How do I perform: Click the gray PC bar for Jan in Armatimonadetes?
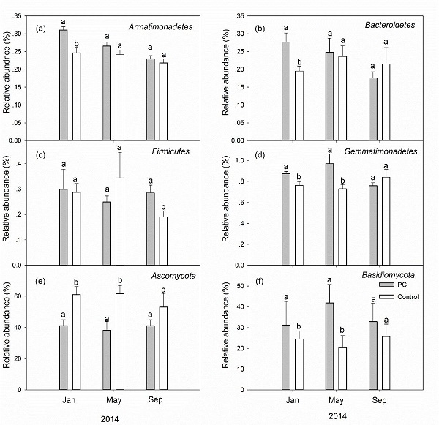(63, 85)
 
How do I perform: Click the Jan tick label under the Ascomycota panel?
(69, 400)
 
